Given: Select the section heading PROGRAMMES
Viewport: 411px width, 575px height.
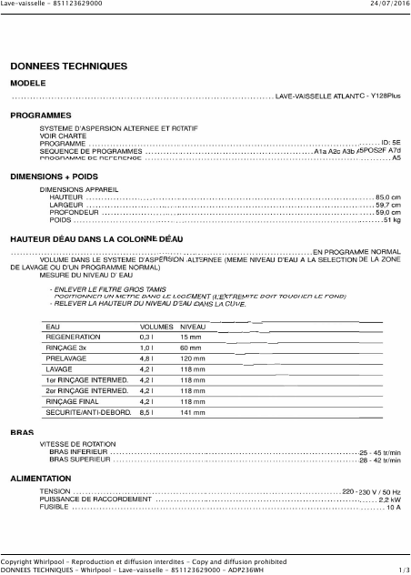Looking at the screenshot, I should (40, 116).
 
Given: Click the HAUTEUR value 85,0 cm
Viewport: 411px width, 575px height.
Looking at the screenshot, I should (388, 197).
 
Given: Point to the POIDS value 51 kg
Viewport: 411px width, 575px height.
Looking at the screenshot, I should (392, 219).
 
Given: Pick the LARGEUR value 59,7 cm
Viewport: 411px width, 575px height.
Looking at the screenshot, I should (388, 205).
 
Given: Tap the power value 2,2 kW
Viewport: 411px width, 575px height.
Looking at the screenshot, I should (390, 499).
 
